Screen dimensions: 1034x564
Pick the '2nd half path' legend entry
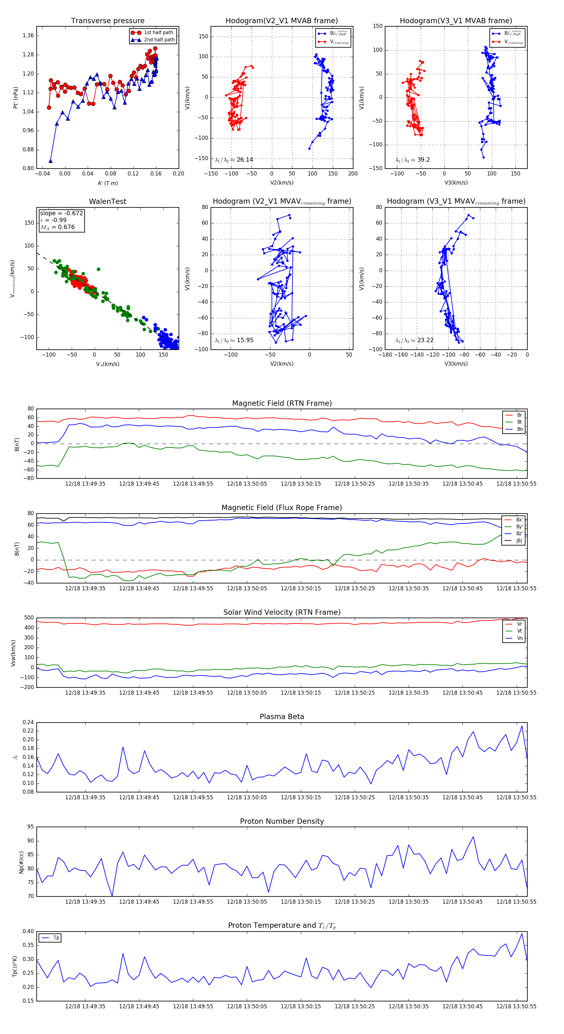pos(159,40)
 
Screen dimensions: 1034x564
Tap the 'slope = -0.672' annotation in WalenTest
pos(61,213)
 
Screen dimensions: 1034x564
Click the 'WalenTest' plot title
pos(107,201)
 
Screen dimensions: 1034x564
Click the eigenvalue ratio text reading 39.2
pos(412,160)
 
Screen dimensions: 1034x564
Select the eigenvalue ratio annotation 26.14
pos(234,160)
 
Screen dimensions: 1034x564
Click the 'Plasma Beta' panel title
pos(282,717)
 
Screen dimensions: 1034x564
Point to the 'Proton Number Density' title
pos(282,821)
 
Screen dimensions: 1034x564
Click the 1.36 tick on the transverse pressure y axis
pos(28,35)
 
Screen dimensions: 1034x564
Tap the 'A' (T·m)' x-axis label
pos(107,183)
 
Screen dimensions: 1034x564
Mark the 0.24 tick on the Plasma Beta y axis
pos(28,722)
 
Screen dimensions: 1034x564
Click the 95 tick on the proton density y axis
pos(30,827)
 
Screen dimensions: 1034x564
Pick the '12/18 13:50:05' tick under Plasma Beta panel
pos(247,797)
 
